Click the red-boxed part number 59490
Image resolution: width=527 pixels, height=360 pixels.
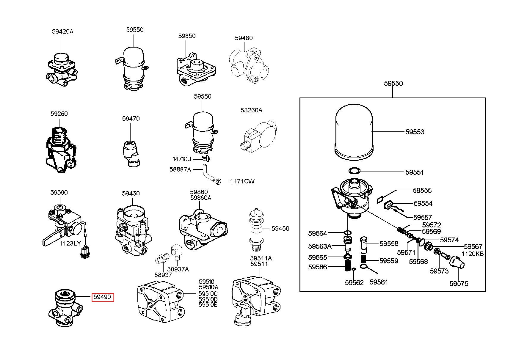pos(103,297)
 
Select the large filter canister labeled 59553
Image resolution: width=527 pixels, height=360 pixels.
pos(354,131)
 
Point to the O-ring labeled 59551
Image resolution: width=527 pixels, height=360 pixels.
pos(354,171)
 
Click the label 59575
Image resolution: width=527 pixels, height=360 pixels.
pos(459,284)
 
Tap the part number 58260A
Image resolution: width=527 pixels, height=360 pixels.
pos(251,110)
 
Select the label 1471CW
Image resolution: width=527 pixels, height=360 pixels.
pos(242,181)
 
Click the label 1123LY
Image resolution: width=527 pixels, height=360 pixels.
pos(70,243)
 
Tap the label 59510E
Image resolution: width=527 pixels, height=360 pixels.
pos(208,305)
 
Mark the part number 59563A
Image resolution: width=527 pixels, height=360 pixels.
pos(320,246)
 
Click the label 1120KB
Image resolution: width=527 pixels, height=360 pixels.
pos(473,254)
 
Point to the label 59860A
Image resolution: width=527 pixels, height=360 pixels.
pos(200,198)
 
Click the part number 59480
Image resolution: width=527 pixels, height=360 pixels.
pos(244,38)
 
